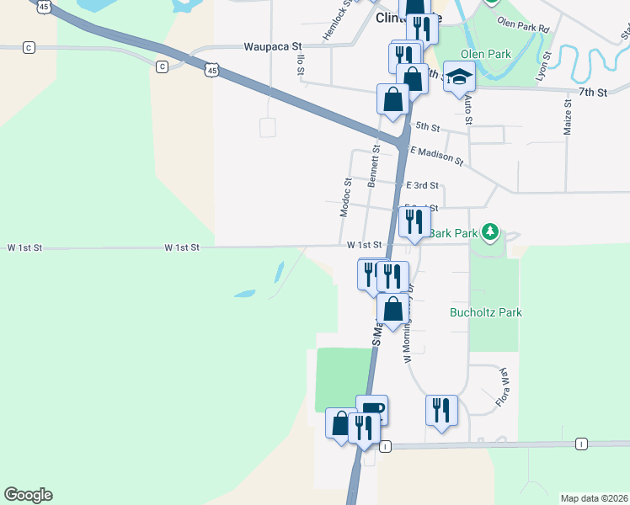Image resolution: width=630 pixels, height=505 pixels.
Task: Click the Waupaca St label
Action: (x=273, y=47)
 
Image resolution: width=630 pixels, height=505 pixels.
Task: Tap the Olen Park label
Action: (x=486, y=54)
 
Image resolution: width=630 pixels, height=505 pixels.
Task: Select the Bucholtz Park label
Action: (x=486, y=312)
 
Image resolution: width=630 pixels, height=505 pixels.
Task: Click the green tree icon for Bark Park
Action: (x=491, y=232)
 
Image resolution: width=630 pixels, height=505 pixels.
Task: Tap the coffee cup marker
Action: (x=371, y=411)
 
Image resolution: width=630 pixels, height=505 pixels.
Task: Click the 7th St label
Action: (x=592, y=92)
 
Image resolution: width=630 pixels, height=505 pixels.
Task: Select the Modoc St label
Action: (x=345, y=197)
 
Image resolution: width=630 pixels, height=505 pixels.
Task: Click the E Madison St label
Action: (x=436, y=154)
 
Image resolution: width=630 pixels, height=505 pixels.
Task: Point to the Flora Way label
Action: (x=506, y=385)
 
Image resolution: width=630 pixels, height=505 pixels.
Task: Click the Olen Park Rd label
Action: (x=523, y=24)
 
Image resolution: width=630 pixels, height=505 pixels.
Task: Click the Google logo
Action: (x=28, y=495)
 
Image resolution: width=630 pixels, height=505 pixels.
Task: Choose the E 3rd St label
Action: (x=422, y=185)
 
